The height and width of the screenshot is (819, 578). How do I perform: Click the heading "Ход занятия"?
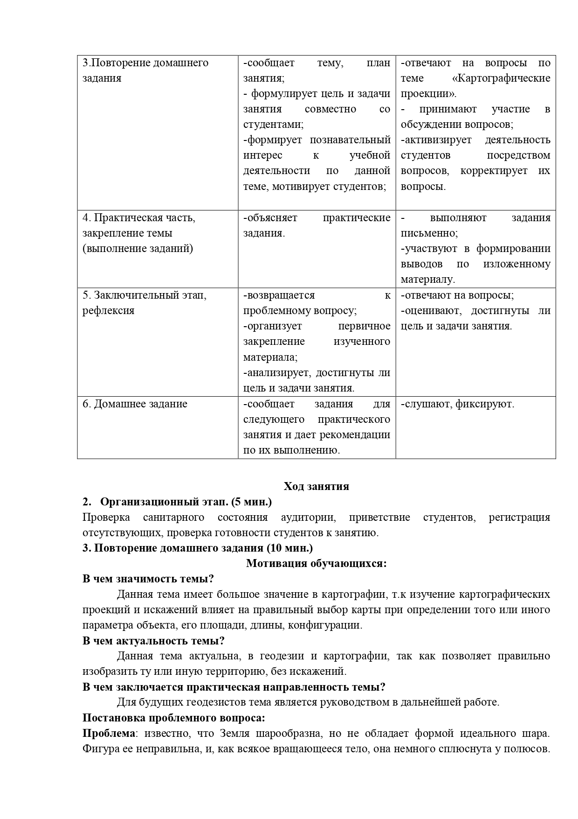316,486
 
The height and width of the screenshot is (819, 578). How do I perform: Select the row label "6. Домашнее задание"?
135,404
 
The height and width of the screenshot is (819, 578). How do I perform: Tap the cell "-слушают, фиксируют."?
457,404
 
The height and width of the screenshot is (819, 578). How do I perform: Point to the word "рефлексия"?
108,311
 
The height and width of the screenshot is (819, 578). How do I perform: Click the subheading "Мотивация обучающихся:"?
316,563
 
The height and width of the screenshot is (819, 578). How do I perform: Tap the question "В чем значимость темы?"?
148,579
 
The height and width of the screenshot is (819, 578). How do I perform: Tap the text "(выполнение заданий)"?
138,249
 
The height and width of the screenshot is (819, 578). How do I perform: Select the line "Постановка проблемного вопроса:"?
174,718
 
